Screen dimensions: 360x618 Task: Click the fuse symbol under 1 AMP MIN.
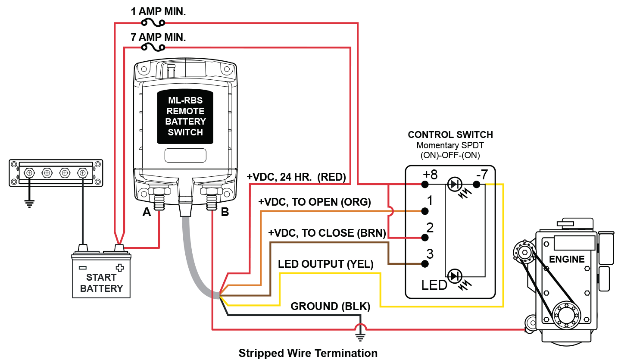[x=153, y=22]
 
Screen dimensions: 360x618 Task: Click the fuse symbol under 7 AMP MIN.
[x=153, y=47]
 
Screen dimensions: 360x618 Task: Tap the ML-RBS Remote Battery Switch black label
[x=185, y=116]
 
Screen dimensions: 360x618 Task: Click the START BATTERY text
[x=101, y=283]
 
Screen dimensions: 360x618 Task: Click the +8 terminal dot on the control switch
[x=425, y=185]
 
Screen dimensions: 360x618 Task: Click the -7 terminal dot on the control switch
[x=476, y=185]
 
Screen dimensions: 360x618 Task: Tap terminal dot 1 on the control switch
[x=425, y=211]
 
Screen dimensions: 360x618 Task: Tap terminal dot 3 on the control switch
[x=425, y=264]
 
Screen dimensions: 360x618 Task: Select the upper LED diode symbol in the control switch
[x=454, y=185]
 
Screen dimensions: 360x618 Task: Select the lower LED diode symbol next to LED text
[x=454, y=275]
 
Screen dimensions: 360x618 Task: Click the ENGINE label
[x=567, y=259]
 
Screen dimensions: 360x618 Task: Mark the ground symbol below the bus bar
[x=29, y=203]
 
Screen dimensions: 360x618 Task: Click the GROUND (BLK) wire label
[x=330, y=307]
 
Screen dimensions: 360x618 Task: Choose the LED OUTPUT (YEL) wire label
[x=325, y=264]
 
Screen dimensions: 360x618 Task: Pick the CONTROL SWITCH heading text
[x=450, y=135]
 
